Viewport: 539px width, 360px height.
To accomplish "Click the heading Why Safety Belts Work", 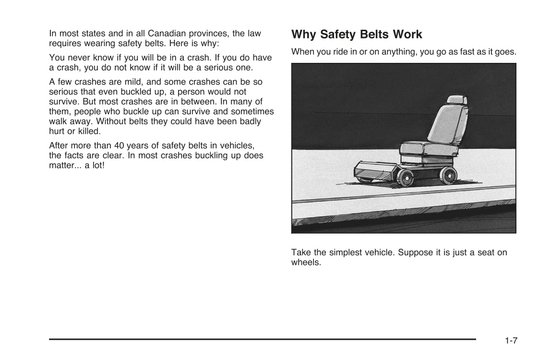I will pos(357,35).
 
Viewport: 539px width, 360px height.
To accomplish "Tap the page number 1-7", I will pos(511,341).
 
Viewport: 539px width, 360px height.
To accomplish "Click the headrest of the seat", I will pos(454,101).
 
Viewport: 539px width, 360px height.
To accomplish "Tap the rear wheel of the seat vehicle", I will pos(448,176).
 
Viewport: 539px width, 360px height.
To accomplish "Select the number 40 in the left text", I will pos(119,146).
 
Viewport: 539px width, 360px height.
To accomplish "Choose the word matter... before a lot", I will pos(65,166).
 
